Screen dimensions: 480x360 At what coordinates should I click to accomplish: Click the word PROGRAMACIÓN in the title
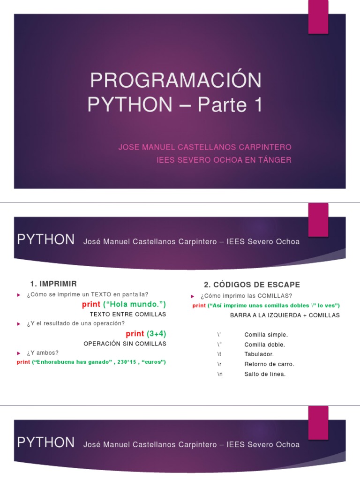pos(176,81)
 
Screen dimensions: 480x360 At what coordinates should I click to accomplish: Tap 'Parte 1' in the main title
pos(229,105)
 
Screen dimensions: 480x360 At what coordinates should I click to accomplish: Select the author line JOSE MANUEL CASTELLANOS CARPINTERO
pos(205,147)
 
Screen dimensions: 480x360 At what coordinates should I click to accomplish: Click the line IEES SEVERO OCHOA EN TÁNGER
pos(224,160)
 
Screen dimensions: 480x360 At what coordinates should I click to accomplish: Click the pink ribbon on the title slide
pos(318,17)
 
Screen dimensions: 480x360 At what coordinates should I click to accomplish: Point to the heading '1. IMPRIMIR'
pos(53,284)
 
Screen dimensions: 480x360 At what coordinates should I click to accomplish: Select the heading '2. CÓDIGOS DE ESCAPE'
pos(252,285)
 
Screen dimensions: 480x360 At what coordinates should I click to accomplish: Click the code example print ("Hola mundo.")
pos(124,304)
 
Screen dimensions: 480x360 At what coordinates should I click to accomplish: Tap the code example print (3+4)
pos(146,334)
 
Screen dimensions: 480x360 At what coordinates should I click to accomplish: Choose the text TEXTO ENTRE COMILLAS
pos(127,314)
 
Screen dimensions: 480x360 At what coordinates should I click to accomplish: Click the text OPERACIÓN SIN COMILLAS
pos(125,344)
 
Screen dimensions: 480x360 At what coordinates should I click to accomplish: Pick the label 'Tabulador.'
pos(259,354)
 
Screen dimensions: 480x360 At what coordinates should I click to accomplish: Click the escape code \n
pos(219,374)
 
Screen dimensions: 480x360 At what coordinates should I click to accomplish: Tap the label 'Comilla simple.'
pos(266,335)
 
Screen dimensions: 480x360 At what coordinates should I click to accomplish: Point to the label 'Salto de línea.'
pos(265,374)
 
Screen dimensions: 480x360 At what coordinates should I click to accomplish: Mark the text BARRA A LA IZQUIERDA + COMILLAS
pos(285,315)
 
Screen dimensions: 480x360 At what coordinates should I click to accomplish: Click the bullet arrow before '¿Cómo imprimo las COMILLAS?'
pos(193,296)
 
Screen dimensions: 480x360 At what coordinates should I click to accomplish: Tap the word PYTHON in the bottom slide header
pos(45,442)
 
